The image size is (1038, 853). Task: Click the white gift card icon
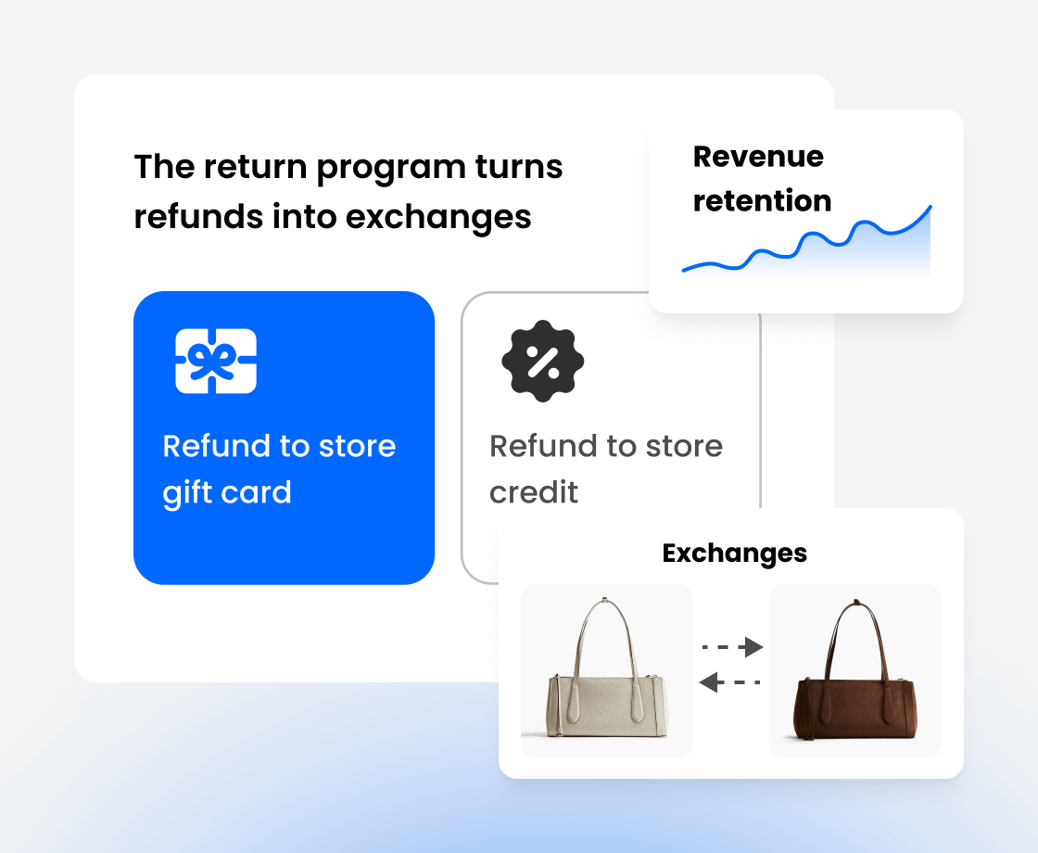click(x=216, y=361)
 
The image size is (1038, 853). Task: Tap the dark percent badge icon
click(x=543, y=361)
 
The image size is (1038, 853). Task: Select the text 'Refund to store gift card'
click(x=279, y=468)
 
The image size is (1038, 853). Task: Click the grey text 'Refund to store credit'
click(x=606, y=468)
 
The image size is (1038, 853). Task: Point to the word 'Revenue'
click(x=758, y=157)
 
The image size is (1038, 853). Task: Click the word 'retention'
click(x=762, y=200)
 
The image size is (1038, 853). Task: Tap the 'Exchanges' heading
click(x=735, y=554)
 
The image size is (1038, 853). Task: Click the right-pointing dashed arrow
click(x=732, y=646)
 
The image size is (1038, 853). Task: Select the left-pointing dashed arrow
click(x=730, y=683)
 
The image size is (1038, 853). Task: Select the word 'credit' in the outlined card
click(x=534, y=492)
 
